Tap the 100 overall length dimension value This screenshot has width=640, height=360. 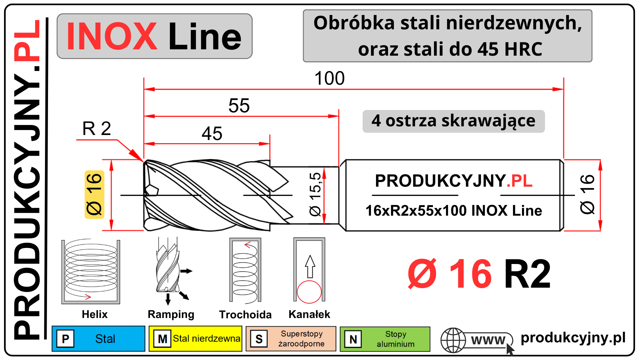pos(329,78)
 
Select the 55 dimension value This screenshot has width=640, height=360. pos(239,106)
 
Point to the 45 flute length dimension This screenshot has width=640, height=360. pos(212,134)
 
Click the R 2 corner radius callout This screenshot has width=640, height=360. pos(97,129)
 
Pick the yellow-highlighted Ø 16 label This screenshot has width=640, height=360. pos(94,194)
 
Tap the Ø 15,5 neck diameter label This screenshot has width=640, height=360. pos(315,194)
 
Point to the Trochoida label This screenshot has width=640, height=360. pos(245,314)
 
